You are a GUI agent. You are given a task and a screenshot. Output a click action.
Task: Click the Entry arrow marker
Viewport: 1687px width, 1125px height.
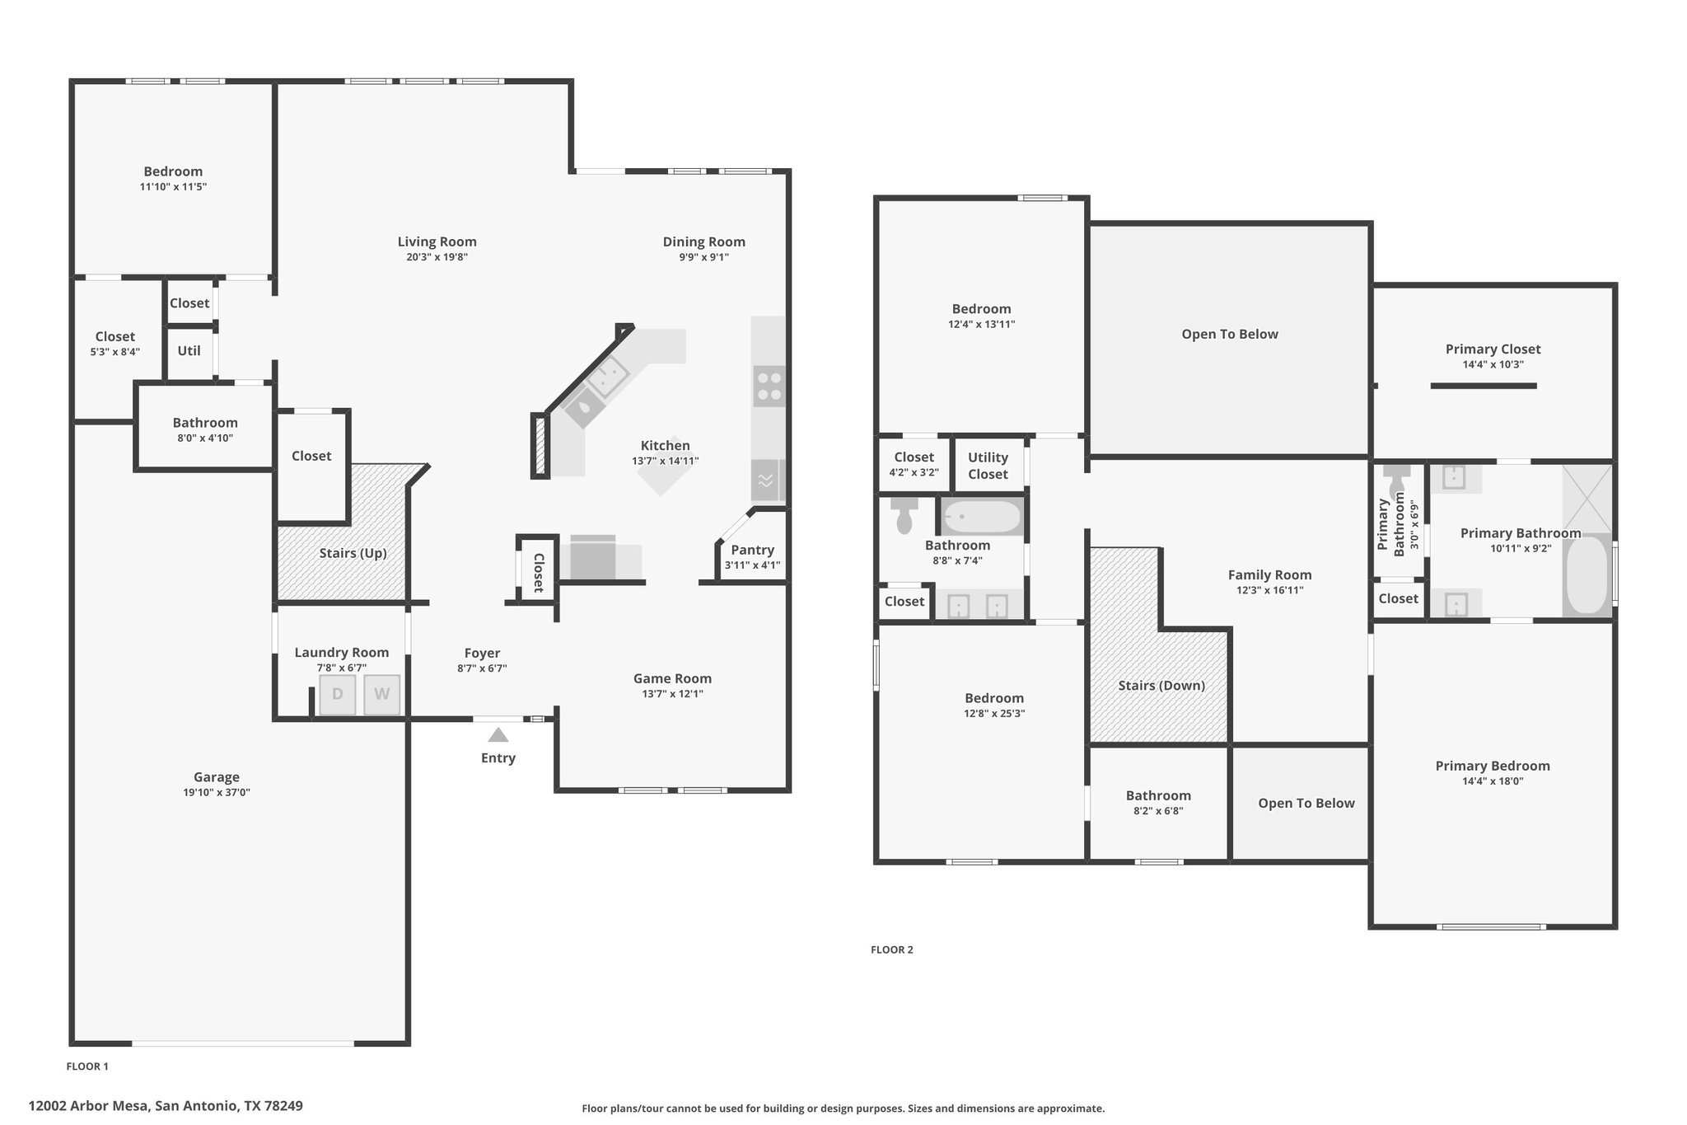click(x=498, y=734)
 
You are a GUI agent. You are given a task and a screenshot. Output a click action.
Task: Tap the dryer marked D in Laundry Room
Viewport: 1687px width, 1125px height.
click(x=337, y=694)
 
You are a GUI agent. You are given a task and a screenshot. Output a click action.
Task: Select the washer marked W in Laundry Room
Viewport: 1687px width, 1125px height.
click(x=381, y=694)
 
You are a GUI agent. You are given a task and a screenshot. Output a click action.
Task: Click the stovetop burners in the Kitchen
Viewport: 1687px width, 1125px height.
click(x=769, y=387)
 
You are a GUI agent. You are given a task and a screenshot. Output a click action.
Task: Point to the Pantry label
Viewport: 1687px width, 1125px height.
click(x=752, y=550)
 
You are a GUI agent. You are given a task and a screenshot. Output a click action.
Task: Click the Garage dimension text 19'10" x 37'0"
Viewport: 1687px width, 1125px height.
click(x=217, y=792)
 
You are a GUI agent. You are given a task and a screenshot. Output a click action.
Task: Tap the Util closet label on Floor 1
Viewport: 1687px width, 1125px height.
click(x=189, y=350)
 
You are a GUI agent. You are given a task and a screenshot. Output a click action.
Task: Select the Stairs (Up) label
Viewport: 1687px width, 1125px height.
click(x=353, y=553)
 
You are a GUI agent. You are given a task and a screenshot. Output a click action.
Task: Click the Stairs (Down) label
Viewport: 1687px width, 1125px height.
click(x=1161, y=686)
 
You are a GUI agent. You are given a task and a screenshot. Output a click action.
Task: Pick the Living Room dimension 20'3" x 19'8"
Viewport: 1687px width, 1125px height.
click(x=437, y=256)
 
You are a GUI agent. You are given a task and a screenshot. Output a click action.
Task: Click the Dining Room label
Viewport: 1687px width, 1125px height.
click(x=704, y=241)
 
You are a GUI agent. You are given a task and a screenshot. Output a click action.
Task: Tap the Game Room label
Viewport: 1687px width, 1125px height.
click(x=672, y=678)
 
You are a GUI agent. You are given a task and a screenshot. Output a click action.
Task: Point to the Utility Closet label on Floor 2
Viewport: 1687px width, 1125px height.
click(x=988, y=466)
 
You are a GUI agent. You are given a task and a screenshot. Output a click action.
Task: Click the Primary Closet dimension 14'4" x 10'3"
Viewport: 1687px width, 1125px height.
click(x=1493, y=364)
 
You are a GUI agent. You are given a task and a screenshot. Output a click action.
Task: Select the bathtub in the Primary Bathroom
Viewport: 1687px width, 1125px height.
click(x=1587, y=574)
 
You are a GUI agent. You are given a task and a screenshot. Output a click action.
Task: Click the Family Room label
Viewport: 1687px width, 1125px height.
click(x=1269, y=575)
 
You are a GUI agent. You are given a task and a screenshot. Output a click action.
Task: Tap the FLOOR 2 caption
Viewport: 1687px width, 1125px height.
click(x=892, y=949)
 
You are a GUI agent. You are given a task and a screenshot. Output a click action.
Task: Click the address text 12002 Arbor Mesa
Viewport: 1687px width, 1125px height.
click(x=89, y=1105)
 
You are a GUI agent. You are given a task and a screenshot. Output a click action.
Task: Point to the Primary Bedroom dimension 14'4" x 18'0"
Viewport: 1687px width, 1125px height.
click(x=1493, y=781)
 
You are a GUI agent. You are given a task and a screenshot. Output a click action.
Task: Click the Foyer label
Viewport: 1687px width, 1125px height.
click(x=482, y=654)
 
